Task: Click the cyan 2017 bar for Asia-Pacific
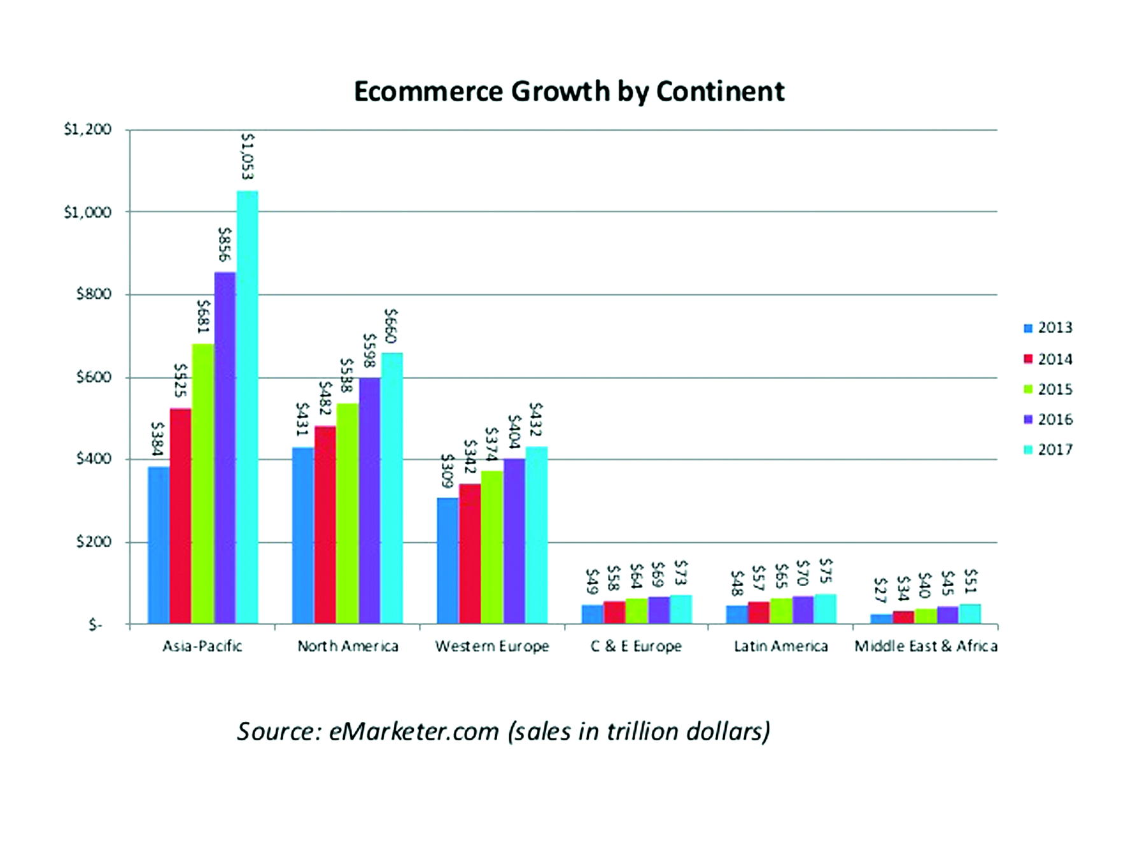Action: (247, 408)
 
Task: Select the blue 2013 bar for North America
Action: (303, 535)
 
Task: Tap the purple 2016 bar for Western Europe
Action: (514, 542)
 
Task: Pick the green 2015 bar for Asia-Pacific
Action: (203, 484)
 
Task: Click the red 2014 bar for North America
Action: (325, 526)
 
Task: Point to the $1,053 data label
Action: (248, 156)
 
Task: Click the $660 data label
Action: (391, 326)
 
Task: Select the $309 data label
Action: (448, 471)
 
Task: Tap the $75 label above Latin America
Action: (826, 571)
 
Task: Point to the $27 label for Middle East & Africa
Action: (880, 591)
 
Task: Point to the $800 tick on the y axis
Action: (94, 294)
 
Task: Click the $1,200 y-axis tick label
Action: (88, 129)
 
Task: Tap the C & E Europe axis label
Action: (636, 646)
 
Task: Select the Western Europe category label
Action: (492, 646)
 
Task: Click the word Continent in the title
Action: (720, 92)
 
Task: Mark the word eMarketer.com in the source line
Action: (414, 731)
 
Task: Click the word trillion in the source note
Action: (643, 731)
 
